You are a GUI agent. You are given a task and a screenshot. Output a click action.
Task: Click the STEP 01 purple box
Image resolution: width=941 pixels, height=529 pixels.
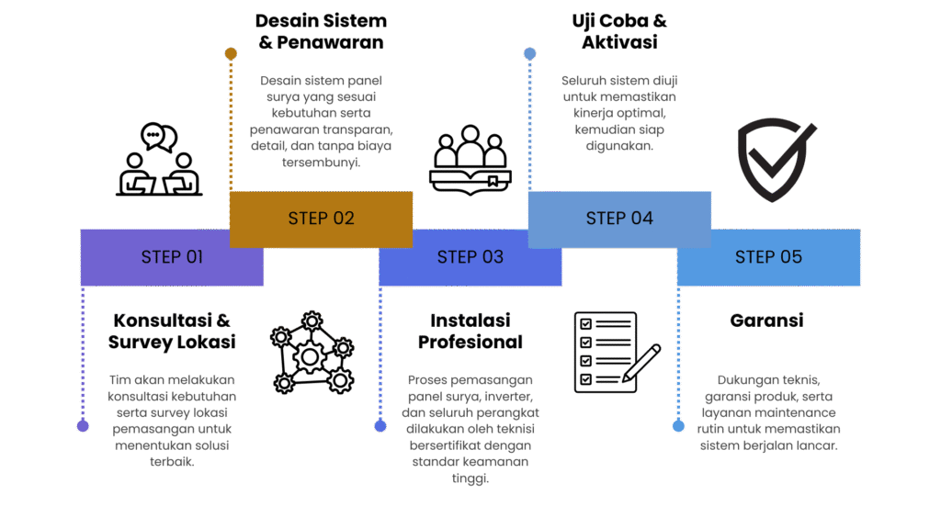pos(172,257)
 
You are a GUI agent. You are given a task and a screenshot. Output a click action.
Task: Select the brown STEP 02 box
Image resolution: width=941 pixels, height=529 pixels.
pos(321,219)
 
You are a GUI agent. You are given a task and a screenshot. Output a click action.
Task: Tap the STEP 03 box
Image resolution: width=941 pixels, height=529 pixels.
pos(470,257)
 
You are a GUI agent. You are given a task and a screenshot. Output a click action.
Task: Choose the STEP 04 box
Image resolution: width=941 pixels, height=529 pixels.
pos(619,219)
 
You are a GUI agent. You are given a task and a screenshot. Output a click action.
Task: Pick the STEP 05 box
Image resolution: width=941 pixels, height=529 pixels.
pos(769,257)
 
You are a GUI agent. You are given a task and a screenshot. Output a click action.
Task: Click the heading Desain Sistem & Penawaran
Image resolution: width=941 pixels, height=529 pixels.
pos(321,31)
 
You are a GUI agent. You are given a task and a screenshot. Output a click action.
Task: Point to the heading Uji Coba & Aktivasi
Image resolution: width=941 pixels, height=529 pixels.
pos(619,31)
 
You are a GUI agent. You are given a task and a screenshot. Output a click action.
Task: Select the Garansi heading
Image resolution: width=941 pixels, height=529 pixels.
pos(767,321)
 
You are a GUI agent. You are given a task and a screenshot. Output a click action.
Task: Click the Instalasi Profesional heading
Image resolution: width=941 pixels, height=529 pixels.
pos(470,331)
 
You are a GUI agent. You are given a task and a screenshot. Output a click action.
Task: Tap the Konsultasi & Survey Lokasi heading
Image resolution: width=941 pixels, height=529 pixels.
pos(172,331)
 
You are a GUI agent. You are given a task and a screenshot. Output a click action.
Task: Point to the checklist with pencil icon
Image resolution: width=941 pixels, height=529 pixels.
pos(617,352)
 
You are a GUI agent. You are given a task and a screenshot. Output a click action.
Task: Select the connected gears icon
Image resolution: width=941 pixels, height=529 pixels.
pos(312,353)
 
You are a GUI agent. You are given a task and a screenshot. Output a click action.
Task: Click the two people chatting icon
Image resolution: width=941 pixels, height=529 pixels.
pos(159,160)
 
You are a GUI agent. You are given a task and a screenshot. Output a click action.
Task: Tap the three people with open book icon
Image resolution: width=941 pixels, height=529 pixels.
pos(470,160)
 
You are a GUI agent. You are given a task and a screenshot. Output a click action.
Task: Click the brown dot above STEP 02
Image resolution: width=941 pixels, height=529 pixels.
pos(231,54)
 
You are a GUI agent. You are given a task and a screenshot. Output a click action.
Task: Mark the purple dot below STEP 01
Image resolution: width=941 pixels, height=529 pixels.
pos(83,426)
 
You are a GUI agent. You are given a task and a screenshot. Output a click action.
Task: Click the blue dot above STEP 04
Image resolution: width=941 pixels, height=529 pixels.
pos(529,54)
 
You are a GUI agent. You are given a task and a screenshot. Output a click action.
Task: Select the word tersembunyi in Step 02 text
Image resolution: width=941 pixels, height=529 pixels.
pos(321,163)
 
